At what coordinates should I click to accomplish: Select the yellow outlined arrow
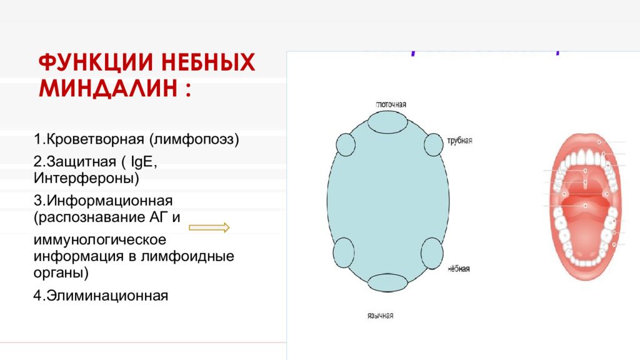coord(209,227)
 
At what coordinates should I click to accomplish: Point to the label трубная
coord(459,141)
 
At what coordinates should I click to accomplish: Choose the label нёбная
coord(459,269)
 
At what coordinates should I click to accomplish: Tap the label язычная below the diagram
coord(379,316)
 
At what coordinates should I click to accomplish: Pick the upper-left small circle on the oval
coord(346,144)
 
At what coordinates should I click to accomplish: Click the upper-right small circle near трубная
coord(433,144)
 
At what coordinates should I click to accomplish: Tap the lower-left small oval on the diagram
coord(343,254)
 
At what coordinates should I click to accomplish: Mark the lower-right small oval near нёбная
coord(431,254)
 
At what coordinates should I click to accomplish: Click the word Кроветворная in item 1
coord(94,138)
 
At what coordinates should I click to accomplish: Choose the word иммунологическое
coord(99,240)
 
